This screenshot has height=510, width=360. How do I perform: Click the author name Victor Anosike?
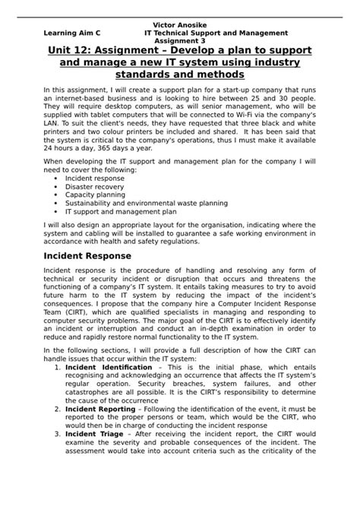click(179, 25)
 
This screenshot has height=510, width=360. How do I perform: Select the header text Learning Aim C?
click(72, 33)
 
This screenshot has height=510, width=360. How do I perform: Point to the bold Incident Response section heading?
click(87, 256)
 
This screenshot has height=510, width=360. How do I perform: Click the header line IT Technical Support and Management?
click(216, 33)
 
